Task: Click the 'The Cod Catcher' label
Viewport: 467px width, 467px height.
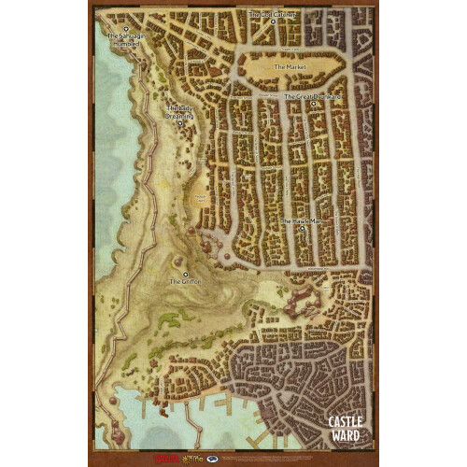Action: (273, 15)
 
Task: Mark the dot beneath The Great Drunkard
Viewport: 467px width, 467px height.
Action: (314, 105)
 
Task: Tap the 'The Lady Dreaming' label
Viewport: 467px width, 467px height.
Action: (180, 112)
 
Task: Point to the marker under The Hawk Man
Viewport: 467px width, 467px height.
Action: (301, 230)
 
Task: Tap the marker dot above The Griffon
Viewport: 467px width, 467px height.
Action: (185, 273)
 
